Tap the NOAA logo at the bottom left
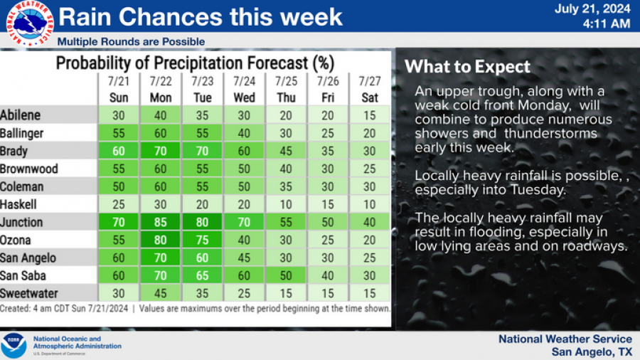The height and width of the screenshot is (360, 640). pyautogui.click(x=14, y=346)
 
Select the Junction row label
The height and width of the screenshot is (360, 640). pyautogui.click(x=22, y=222)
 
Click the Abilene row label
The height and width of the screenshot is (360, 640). pyautogui.click(x=21, y=115)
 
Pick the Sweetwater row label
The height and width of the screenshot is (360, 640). pyautogui.click(x=28, y=293)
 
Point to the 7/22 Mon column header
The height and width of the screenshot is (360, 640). pyautogui.click(x=161, y=90)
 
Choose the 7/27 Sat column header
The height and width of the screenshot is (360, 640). pyautogui.click(x=370, y=90)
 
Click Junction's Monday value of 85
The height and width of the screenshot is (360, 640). pyautogui.click(x=161, y=222)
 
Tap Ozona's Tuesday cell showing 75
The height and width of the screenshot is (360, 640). pyautogui.click(x=203, y=240)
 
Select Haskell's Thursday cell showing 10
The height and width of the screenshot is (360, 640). pyautogui.click(x=286, y=204)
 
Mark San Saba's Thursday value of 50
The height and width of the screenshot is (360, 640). pyautogui.click(x=286, y=275)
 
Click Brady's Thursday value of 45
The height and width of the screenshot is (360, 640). pyautogui.click(x=286, y=151)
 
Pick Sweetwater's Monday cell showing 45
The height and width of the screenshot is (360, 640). pyautogui.click(x=161, y=293)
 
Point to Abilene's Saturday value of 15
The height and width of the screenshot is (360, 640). pyautogui.click(x=370, y=115)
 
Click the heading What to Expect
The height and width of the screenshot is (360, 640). pyautogui.click(x=467, y=67)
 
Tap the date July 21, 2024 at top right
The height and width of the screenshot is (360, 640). pyautogui.click(x=592, y=9)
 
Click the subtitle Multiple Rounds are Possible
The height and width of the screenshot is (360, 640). pyautogui.click(x=131, y=41)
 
